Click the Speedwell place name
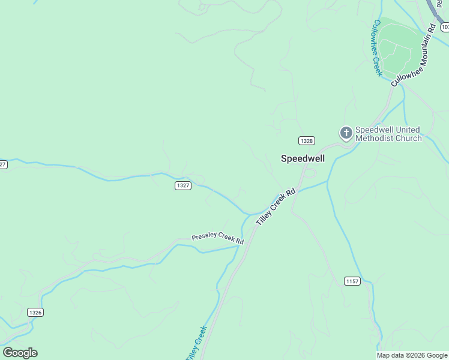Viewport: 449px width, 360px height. tap(303, 158)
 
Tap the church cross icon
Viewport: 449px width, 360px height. tap(346, 132)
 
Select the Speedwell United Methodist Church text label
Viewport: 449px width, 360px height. tap(388, 134)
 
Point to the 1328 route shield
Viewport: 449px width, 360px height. tap(306, 140)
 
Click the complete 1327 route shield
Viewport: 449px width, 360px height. tap(184, 185)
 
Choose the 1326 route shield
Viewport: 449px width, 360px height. tap(35, 312)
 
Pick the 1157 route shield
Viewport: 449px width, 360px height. tap(352, 281)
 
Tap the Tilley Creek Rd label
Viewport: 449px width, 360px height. tap(276, 207)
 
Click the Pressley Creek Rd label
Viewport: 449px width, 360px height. tap(218, 238)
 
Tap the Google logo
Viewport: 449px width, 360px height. tap(20, 353)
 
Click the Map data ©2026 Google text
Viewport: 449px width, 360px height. tap(412, 355)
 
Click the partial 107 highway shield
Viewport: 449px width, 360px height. tap(445, 27)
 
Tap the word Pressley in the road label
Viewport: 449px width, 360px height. tap(204, 237)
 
